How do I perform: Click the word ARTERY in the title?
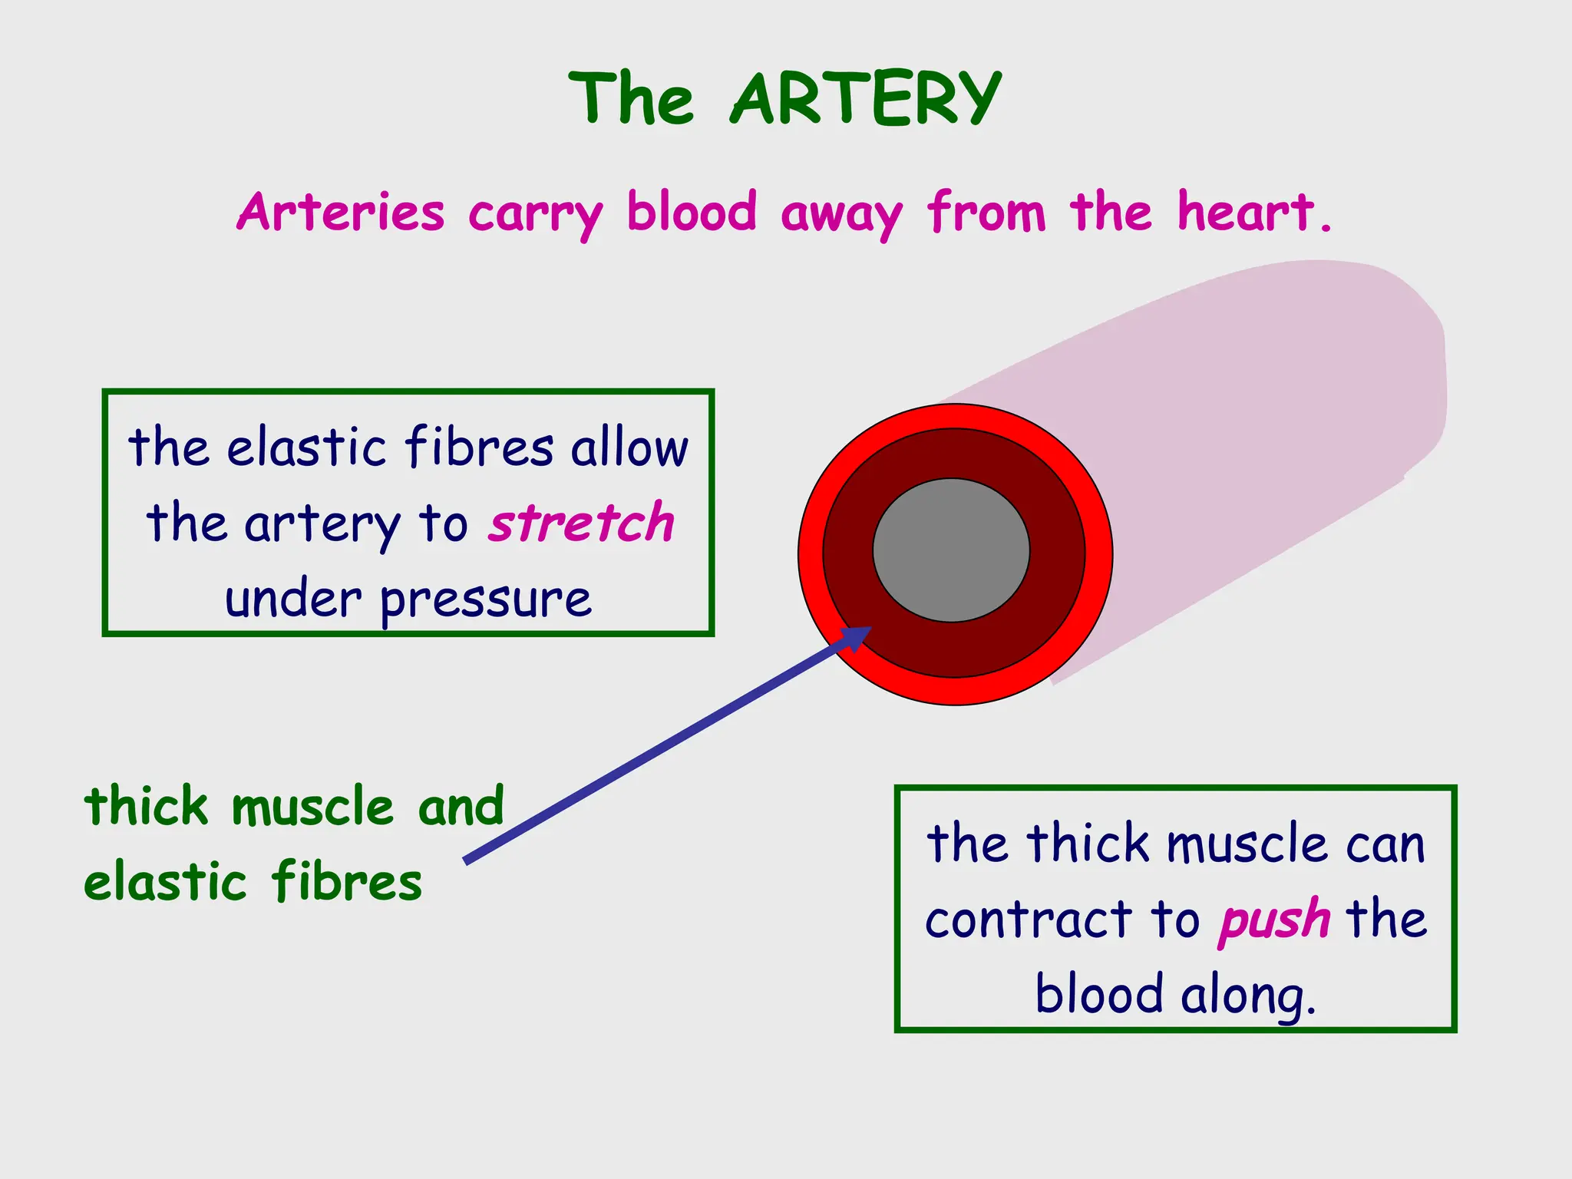click(x=865, y=98)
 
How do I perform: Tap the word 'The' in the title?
click(x=631, y=98)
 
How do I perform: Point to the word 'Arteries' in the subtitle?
click(x=341, y=213)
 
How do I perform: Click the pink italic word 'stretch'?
click(x=581, y=523)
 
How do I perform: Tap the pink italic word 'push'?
click(x=1273, y=920)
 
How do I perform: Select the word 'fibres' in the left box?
click(x=479, y=447)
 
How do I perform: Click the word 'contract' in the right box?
click(x=1028, y=920)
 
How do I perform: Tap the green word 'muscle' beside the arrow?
click(x=312, y=807)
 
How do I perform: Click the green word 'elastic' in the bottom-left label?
click(x=164, y=882)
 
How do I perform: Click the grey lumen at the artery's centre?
click(x=951, y=550)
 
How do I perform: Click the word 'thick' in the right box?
click(x=1088, y=844)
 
